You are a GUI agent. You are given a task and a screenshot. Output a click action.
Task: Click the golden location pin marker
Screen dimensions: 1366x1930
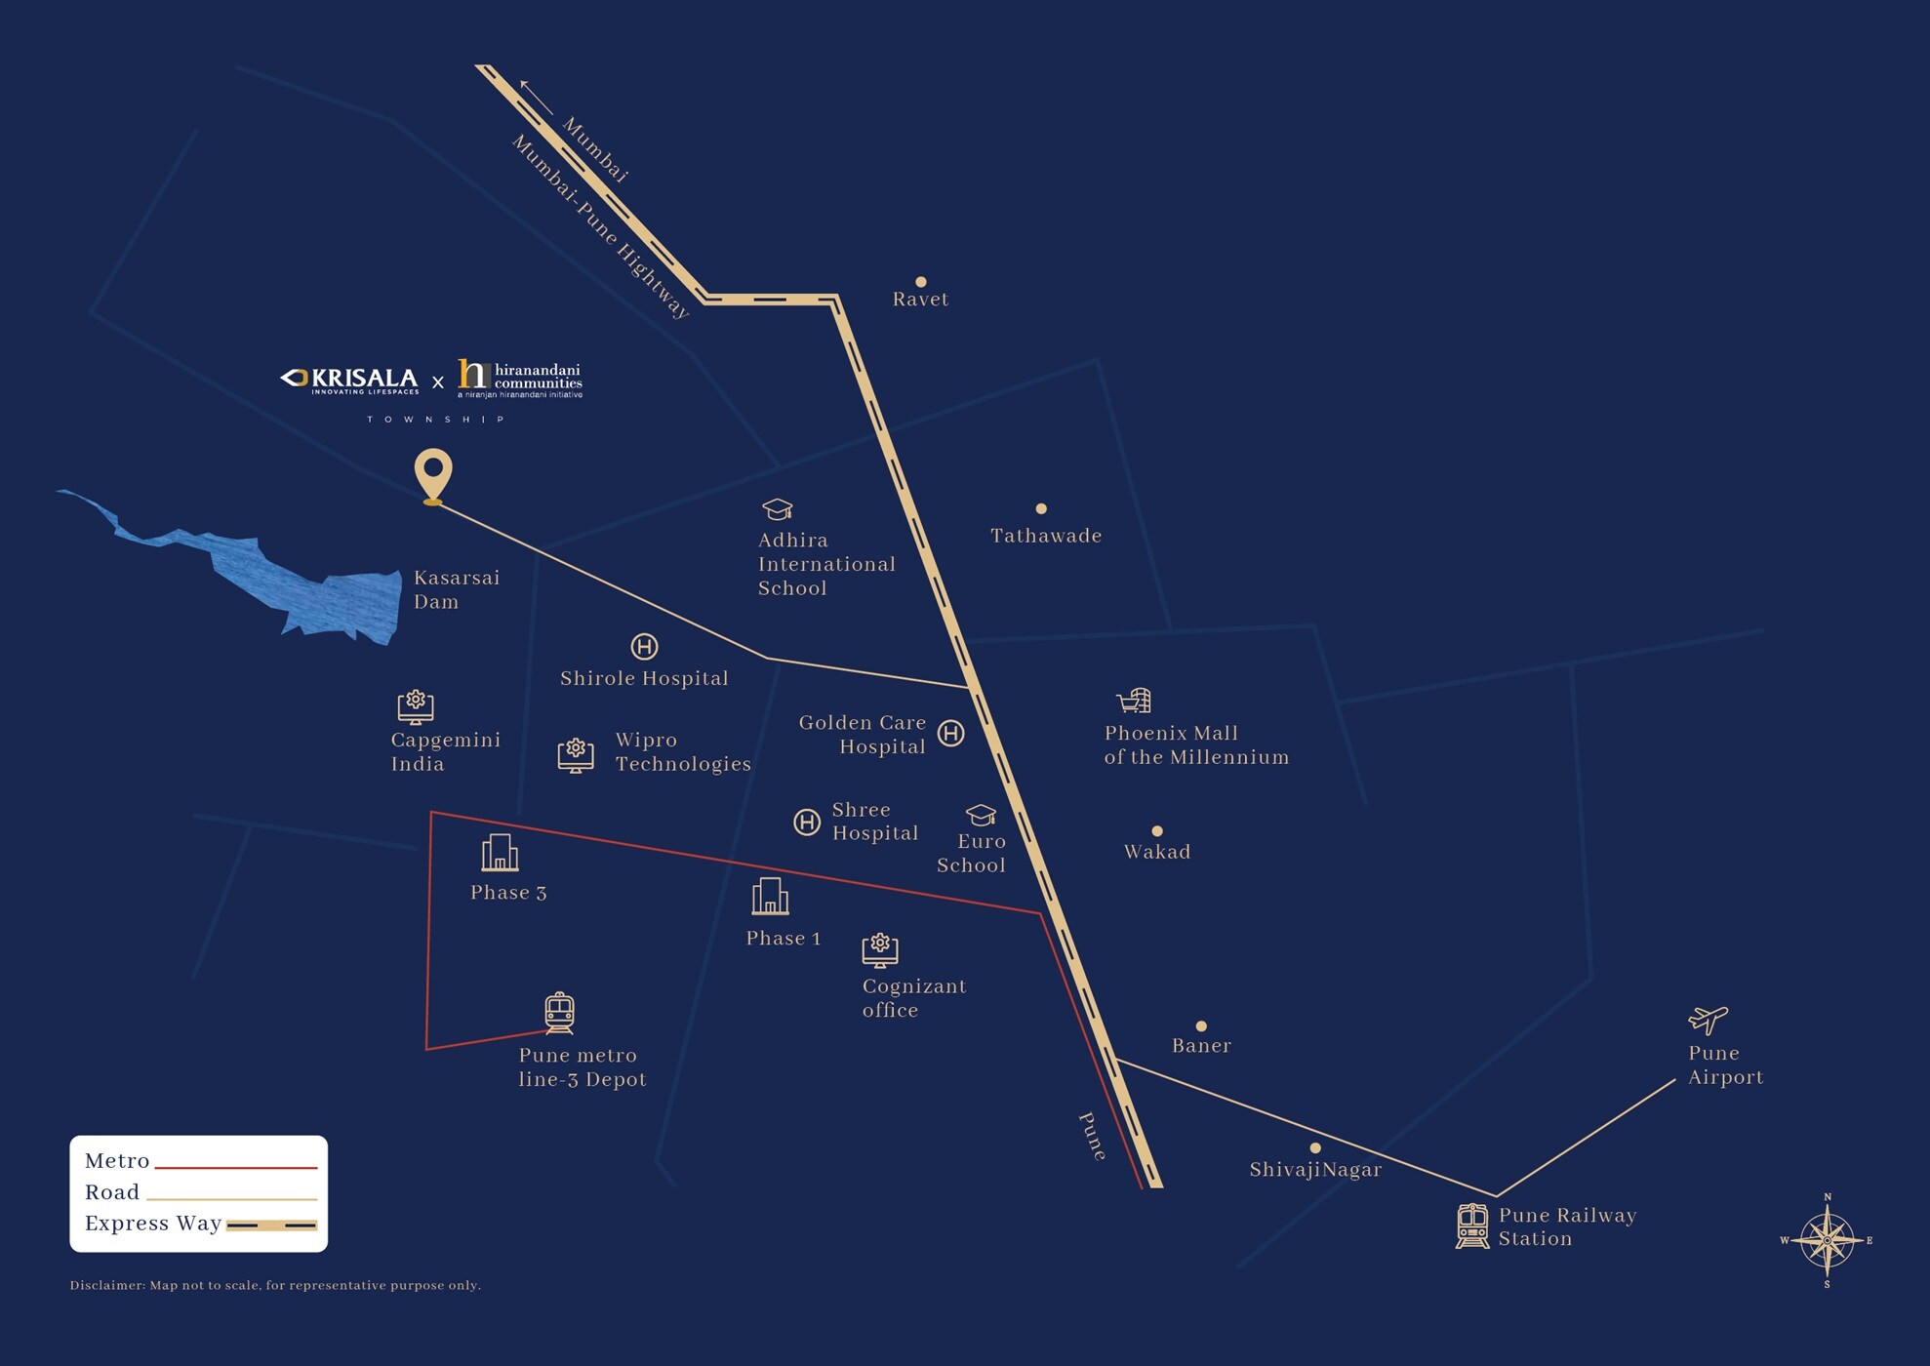(x=433, y=473)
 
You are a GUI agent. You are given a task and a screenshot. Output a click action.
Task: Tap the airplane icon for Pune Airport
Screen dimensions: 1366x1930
(x=1708, y=1020)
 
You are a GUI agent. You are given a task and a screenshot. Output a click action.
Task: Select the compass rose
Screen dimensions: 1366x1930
(x=1828, y=1240)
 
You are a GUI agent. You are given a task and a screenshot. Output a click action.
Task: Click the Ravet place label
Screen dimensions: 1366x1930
(x=920, y=300)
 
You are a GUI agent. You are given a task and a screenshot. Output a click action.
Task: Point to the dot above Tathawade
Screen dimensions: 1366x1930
(x=1041, y=508)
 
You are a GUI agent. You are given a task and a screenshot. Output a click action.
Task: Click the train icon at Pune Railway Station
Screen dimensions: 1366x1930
(x=1472, y=1225)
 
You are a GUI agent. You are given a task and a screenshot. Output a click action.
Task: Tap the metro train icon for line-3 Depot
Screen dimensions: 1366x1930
(x=559, y=1013)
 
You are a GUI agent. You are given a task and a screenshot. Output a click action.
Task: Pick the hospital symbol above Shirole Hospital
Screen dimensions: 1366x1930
(x=644, y=646)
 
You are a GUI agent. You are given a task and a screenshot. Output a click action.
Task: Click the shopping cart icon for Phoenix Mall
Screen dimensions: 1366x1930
(x=1134, y=701)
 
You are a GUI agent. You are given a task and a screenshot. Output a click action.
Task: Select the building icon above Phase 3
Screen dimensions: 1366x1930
(x=500, y=853)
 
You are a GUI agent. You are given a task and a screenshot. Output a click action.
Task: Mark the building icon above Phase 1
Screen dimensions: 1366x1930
(x=770, y=897)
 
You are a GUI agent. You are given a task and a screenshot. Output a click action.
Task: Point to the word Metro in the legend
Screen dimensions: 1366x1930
(x=117, y=1161)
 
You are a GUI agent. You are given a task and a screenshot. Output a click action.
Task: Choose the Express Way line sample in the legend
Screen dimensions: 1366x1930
(x=271, y=1225)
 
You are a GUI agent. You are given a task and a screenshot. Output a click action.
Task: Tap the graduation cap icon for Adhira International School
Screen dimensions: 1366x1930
(x=777, y=509)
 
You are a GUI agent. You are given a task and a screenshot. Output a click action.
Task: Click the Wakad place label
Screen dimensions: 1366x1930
(x=1157, y=852)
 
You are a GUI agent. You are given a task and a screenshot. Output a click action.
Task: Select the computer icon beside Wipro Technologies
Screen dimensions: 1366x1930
(x=576, y=754)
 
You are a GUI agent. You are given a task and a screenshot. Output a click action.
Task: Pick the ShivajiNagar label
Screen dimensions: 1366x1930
(x=1315, y=1170)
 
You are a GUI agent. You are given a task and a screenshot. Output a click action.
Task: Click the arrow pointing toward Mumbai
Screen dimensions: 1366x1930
(x=536, y=97)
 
